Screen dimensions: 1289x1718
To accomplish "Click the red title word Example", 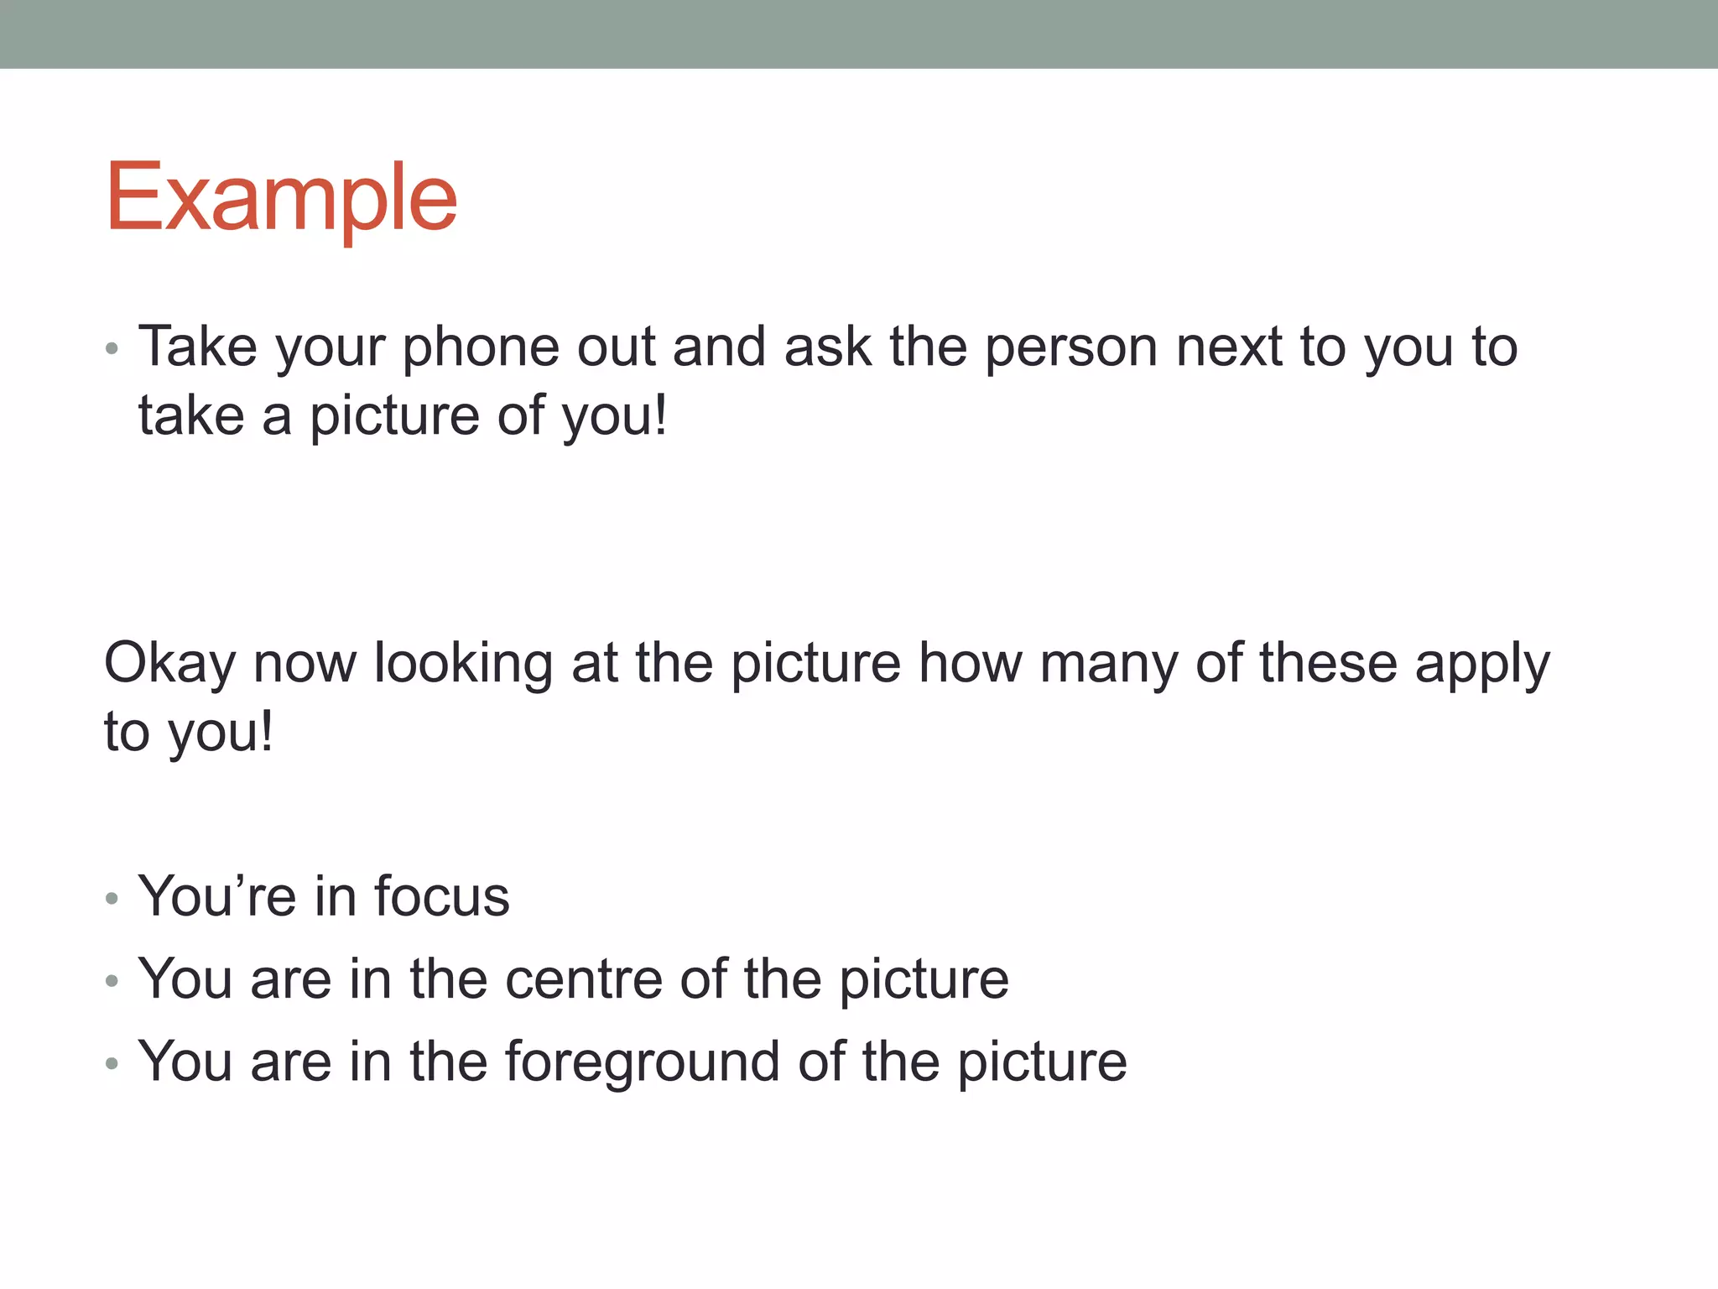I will (281, 199).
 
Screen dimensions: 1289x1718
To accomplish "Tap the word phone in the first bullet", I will (481, 347).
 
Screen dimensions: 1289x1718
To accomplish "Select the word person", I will (1071, 347).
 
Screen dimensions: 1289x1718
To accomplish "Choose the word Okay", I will (169, 663).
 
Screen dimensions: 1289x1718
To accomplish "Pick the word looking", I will (463, 663).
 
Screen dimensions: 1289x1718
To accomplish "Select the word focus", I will (441, 896).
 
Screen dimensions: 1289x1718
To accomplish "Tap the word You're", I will (217, 896).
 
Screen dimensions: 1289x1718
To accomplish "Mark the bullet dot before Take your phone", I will (112, 348).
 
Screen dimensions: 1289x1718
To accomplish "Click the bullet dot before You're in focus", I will (112, 899).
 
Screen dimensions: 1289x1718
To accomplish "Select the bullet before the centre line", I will (112, 981).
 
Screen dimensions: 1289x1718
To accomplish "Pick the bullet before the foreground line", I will (112, 1064).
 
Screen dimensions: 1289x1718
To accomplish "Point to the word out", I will (616, 347).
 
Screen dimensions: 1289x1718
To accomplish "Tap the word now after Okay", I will (305, 663).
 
